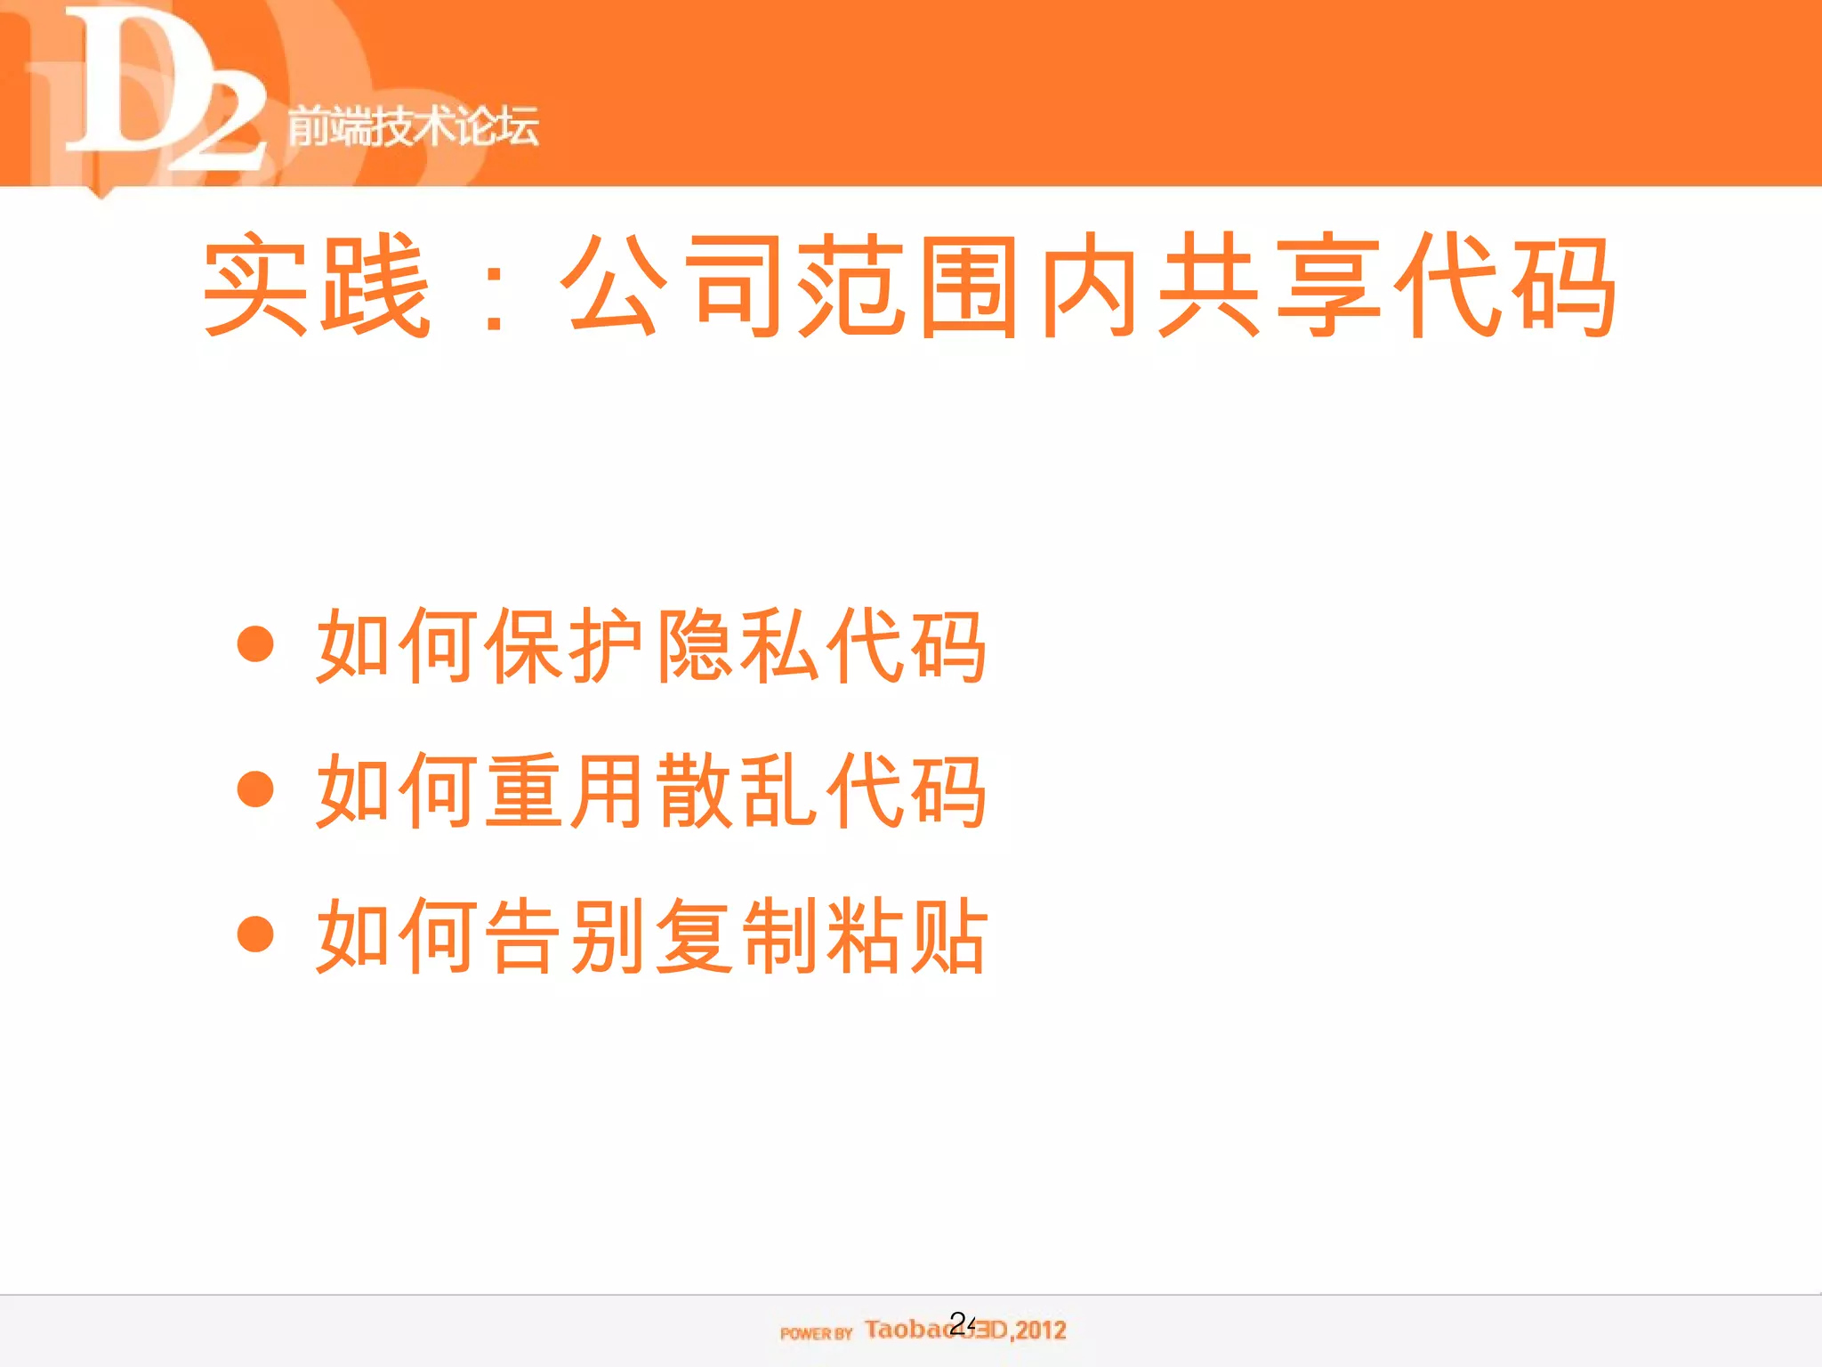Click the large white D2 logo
165,89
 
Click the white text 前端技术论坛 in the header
413,125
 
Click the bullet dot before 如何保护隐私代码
255,644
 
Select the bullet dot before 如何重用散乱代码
255,789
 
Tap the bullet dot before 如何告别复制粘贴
255,934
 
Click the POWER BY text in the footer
816,1333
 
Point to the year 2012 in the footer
1041,1331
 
